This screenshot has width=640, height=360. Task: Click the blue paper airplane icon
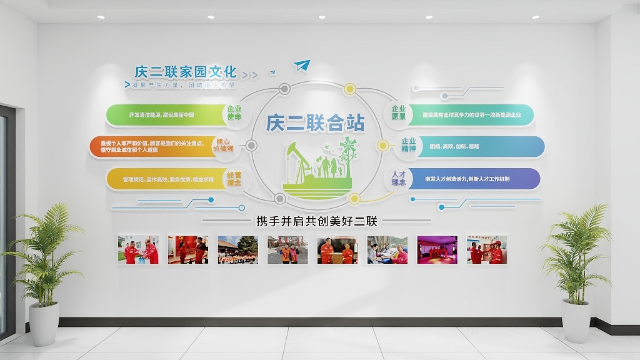coord(302,65)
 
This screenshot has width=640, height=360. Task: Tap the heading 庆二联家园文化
coord(186,71)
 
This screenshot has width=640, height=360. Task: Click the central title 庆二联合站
coord(315,122)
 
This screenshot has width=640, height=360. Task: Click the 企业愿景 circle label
coord(398,113)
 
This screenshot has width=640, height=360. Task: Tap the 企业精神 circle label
coord(408,145)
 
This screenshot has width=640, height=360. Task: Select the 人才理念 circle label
coord(398,179)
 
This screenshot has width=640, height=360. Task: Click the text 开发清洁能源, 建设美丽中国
coord(161,115)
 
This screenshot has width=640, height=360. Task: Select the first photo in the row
coord(138,249)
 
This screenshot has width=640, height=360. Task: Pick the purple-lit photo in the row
coord(437,249)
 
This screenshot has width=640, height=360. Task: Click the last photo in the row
coord(487,249)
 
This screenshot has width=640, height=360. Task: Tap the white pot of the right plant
coord(575,320)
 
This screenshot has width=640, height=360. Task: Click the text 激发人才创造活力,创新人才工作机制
coord(467,179)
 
